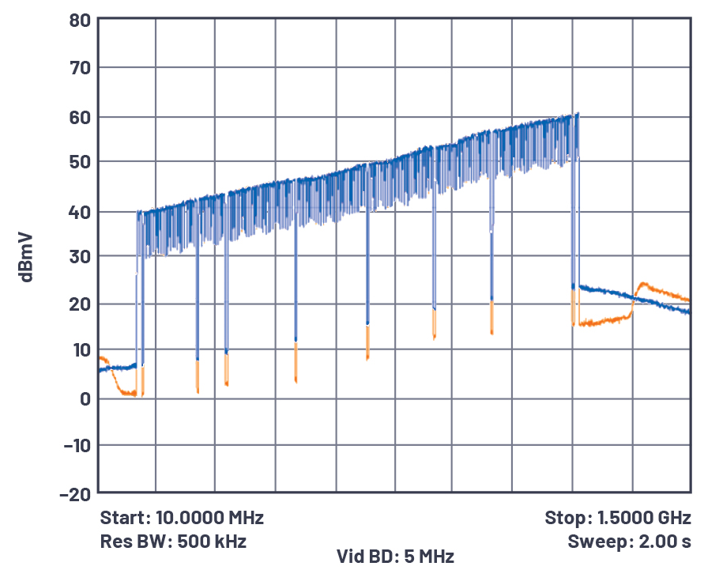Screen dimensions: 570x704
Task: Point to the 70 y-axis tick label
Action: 79,68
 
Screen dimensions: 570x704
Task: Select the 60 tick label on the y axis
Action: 79,117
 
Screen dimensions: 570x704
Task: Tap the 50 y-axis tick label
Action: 79,162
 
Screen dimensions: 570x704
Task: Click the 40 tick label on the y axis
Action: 79,212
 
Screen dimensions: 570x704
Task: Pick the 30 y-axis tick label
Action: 79,256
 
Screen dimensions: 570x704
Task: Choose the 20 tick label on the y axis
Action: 79,304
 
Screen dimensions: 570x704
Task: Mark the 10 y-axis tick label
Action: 79,349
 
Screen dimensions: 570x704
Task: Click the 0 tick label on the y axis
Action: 84,398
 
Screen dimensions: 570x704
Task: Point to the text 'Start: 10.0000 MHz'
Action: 182,519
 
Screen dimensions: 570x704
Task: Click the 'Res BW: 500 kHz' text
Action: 173,542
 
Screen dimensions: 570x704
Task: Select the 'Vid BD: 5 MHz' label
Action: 395,557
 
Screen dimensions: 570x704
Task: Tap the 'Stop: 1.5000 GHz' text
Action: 618,519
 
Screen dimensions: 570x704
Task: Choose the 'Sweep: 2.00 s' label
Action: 629,542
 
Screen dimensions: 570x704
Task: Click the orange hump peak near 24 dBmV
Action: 642,283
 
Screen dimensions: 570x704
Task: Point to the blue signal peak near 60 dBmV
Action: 578,114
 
